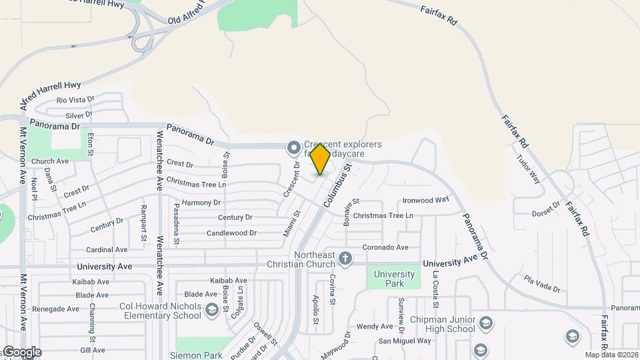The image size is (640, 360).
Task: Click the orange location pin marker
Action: click(320, 159)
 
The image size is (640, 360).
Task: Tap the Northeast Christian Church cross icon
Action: click(345, 258)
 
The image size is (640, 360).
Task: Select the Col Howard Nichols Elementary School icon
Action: click(211, 310)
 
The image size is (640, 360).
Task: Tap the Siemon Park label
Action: click(196, 355)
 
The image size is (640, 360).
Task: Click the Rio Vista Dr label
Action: click(75, 100)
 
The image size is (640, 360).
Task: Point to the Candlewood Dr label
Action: click(231, 233)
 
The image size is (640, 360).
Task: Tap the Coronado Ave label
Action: click(385, 247)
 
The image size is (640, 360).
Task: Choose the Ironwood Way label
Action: click(427, 199)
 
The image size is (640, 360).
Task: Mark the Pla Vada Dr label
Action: click(542, 283)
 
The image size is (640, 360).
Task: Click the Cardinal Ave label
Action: click(107, 250)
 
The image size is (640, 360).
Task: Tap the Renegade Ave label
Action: click(56, 309)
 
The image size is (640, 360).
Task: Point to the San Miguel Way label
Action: click(405, 341)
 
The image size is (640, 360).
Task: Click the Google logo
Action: click(21, 352)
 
